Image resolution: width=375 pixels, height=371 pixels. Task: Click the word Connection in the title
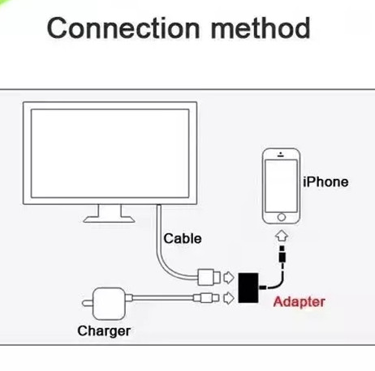(x=123, y=28)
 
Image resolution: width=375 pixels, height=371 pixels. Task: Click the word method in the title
(x=261, y=28)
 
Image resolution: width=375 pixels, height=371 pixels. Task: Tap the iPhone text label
(x=325, y=182)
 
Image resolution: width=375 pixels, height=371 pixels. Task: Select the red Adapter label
(x=299, y=302)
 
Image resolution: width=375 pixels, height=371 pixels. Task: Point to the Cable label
(x=183, y=239)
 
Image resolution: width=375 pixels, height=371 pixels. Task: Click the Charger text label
(x=104, y=331)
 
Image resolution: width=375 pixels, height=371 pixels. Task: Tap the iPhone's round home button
(x=282, y=217)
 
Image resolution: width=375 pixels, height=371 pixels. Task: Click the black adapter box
(x=248, y=288)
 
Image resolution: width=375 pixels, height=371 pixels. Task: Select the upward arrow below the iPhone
(x=282, y=236)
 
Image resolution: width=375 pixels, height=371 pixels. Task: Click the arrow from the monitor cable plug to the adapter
(x=229, y=278)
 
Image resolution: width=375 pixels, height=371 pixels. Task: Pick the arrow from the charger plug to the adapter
(x=229, y=298)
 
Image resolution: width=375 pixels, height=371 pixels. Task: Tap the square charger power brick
(x=109, y=304)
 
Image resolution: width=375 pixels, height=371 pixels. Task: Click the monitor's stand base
(x=109, y=219)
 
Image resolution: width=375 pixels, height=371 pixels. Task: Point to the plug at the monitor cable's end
(x=209, y=277)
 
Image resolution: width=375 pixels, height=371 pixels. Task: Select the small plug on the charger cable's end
(x=206, y=298)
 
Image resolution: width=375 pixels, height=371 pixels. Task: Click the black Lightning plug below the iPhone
(x=282, y=254)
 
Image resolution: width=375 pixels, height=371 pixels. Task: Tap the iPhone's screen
(x=281, y=185)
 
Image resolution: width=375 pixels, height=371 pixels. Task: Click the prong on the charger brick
(x=88, y=304)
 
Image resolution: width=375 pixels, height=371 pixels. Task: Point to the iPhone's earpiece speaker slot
(x=281, y=156)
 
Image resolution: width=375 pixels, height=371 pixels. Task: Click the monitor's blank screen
(x=110, y=153)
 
